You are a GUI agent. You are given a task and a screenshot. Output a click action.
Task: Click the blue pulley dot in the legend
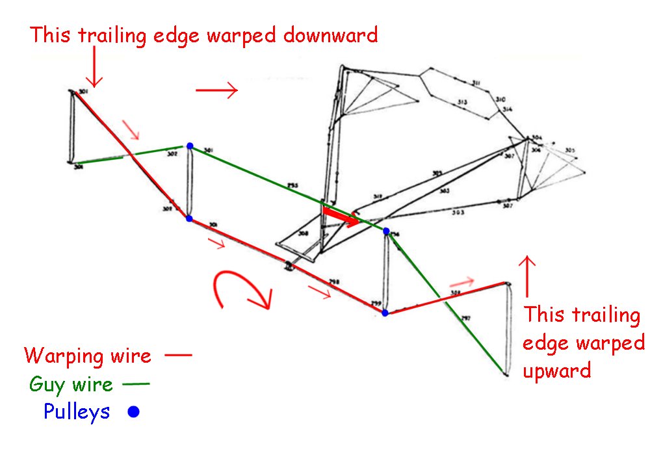click(x=133, y=411)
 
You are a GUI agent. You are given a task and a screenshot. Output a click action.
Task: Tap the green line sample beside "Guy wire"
click(x=135, y=384)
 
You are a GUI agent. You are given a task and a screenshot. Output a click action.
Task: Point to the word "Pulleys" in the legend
click(x=77, y=411)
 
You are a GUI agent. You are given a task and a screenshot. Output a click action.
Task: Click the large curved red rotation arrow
click(x=240, y=292)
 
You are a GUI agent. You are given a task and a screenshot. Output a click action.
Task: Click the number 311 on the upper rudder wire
click(x=476, y=83)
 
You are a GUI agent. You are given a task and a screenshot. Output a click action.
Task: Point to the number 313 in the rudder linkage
click(x=462, y=102)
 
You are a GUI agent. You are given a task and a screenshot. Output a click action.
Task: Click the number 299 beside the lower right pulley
click(x=375, y=304)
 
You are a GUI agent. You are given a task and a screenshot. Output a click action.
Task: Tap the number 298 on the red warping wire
click(x=334, y=281)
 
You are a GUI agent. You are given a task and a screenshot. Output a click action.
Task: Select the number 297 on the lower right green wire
click(x=465, y=318)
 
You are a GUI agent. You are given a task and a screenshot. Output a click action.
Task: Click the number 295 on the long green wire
click(x=293, y=186)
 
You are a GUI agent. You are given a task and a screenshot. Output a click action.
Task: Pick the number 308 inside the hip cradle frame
click(x=302, y=233)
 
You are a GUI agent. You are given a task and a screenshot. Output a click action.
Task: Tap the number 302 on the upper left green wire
click(x=172, y=155)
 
